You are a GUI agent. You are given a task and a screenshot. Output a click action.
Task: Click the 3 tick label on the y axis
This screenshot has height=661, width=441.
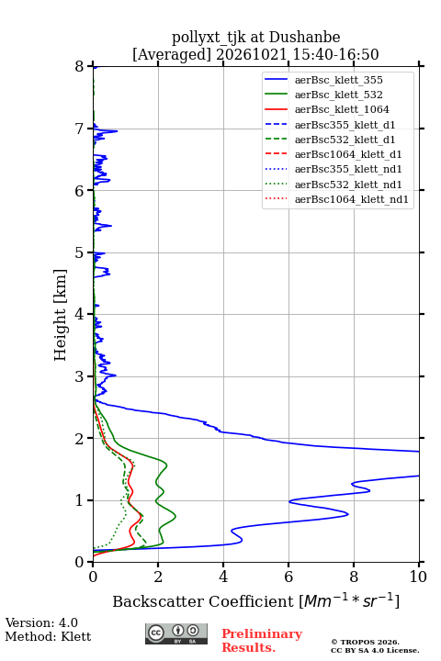(x=80, y=376)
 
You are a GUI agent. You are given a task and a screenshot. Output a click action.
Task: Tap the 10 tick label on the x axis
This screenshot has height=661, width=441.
(x=418, y=577)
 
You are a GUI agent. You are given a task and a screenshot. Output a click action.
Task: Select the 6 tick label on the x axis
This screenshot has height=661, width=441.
(x=288, y=577)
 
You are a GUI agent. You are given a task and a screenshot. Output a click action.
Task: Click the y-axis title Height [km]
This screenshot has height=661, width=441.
(x=61, y=315)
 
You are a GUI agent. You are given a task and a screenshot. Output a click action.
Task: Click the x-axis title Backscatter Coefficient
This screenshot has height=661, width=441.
(x=202, y=601)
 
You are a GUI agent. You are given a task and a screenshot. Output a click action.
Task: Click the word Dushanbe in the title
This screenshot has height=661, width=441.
(x=304, y=37)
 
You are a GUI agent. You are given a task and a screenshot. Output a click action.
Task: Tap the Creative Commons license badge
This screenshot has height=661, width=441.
(x=176, y=633)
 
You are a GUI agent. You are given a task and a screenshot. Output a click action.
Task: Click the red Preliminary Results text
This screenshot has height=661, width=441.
(x=262, y=641)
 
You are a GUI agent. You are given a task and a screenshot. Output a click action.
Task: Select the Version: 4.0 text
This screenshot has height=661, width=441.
(x=41, y=622)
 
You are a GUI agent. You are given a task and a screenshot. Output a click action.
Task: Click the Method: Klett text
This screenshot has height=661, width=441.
(x=48, y=636)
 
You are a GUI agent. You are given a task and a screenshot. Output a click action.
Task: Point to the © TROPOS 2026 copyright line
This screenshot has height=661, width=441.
(x=366, y=642)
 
